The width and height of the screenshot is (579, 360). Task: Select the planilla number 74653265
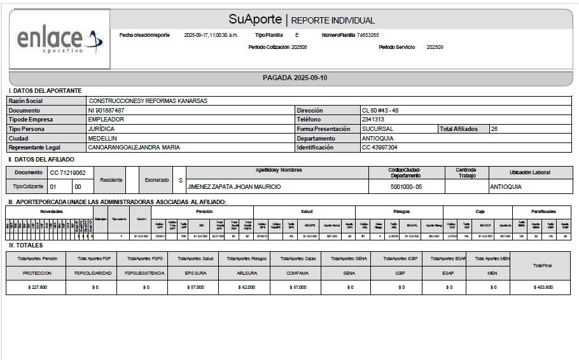pyautogui.click(x=368, y=35)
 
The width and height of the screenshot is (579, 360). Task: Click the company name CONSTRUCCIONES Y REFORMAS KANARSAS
pyautogui.click(x=148, y=100)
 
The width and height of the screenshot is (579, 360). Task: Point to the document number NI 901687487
pyautogui.click(x=106, y=110)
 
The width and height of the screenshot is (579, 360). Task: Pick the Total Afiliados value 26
pyautogui.click(x=494, y=128)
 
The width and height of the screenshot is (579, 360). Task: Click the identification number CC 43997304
pyautogui.click(x=380, y=148)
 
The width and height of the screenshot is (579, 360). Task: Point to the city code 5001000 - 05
pyautogui.click(x=406, y=187)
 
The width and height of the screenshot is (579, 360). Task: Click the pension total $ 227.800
pyautogui.click(x=35, y=287)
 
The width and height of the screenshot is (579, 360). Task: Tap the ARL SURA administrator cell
pyautogui.click(x=245, y=273)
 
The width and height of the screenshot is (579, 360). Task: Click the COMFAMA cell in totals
pyautogui.click(x=296, y=273)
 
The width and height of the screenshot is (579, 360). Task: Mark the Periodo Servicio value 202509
pyautogui.click(x=435, y=47)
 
